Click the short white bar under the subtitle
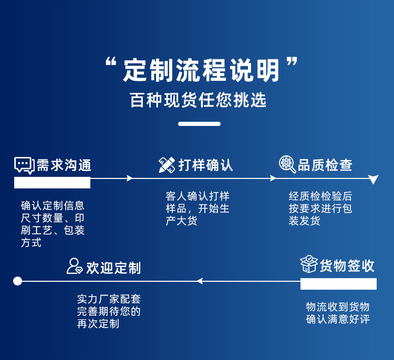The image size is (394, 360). click(199, 124)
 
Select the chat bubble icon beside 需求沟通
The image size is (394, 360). click(24, 165)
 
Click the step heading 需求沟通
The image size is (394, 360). click(64, 165)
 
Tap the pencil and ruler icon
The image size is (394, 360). click(167, 165)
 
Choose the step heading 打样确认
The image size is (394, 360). click(206, 165)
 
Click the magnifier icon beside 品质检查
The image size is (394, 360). click(287, 164)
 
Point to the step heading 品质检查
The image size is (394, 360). click(325, 165)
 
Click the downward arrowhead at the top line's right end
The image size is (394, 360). click(373, 179)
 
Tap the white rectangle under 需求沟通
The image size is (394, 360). click(52, 183)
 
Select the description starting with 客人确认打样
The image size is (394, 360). click(198, 208)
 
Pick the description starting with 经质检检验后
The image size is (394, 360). click(320, 208)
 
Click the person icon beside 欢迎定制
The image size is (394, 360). click(75, 266)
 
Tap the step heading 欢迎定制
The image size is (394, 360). click(113, 268)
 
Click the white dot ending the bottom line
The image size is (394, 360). click(17, 281)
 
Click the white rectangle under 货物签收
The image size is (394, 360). click(338, 284)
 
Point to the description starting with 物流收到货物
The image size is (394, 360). click(338, 313)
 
